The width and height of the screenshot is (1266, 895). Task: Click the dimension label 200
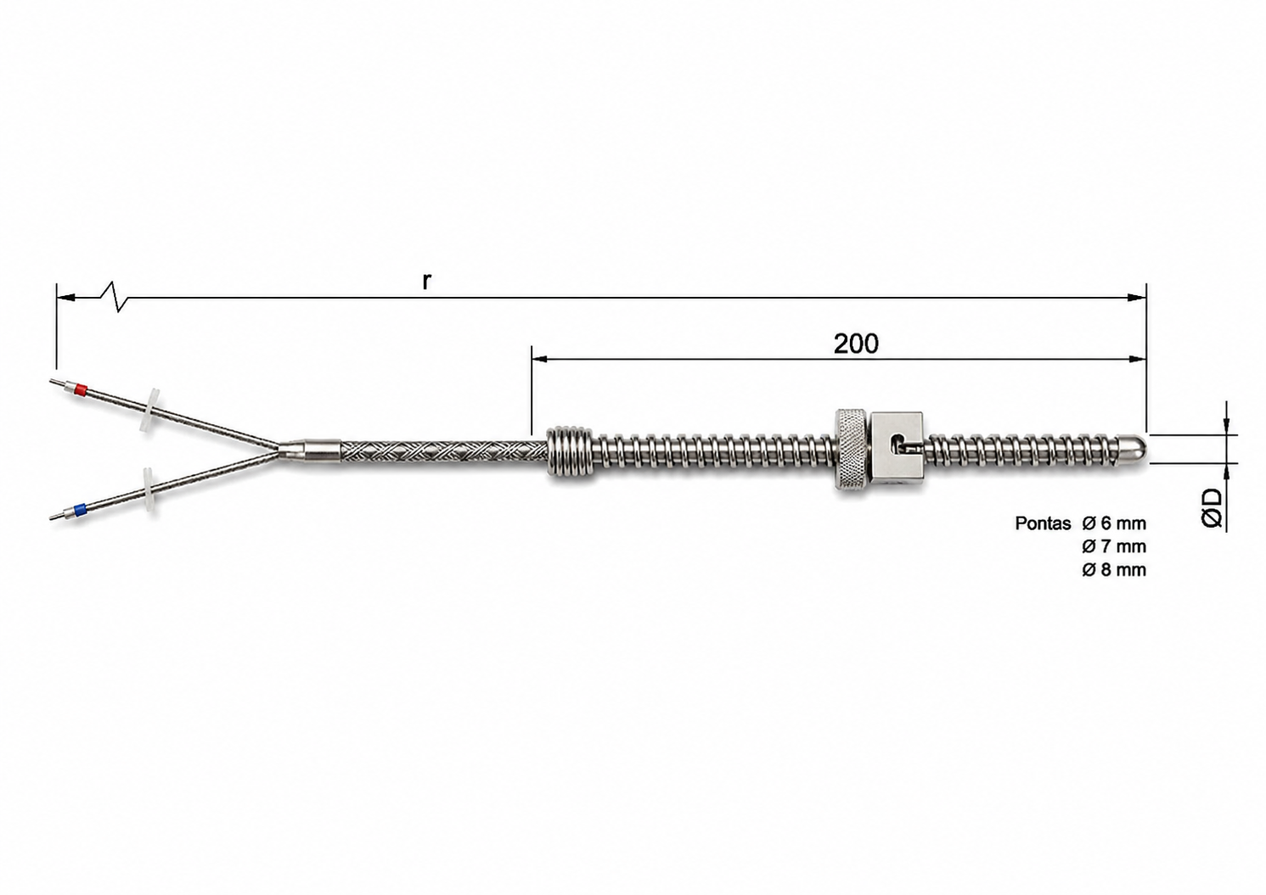[856, 344]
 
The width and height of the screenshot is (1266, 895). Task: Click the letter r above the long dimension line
[427, 281]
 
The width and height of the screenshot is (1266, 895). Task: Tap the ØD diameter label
[1211, 508]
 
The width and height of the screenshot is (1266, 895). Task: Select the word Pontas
[1043, 523]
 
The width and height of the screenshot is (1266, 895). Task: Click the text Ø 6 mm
[1114, 523]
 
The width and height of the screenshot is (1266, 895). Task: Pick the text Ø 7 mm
[1114, 546]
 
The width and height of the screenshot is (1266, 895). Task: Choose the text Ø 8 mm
[1114, 570]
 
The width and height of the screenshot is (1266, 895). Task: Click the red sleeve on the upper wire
[81, 389]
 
